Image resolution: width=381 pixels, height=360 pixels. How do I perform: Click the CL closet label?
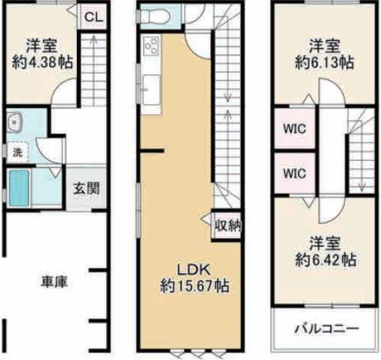(94, 17)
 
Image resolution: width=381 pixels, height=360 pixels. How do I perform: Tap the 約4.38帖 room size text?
(43, 63)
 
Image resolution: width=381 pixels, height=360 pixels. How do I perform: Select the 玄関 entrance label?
(87, 189)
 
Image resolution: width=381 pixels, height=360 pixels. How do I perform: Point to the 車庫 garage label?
(54, 282)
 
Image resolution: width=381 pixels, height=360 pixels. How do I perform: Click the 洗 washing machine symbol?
(17, 153)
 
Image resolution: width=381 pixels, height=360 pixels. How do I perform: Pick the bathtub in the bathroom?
(19, 188)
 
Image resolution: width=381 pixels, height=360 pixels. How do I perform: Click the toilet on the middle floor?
(156, 16)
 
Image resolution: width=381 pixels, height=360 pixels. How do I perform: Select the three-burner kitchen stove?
(151, 45)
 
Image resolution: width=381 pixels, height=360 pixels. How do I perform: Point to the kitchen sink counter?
(152, 89)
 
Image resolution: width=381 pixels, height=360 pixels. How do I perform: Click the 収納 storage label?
(228, 226)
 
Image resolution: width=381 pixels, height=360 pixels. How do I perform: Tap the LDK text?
(194, 270)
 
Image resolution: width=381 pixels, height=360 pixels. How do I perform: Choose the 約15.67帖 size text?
(194, 286)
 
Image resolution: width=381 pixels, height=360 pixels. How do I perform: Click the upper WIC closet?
(294, 128)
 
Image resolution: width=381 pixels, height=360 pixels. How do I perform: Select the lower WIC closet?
(294, 173)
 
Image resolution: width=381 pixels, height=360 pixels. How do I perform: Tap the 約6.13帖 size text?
(324, 63)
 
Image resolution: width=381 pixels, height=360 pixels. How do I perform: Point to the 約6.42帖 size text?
(325, 260)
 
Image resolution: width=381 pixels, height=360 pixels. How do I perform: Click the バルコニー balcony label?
(327, 328)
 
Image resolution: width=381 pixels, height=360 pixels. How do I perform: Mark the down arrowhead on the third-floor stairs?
(362, 188)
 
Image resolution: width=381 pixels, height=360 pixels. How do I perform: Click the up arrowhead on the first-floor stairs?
(93, 39)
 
